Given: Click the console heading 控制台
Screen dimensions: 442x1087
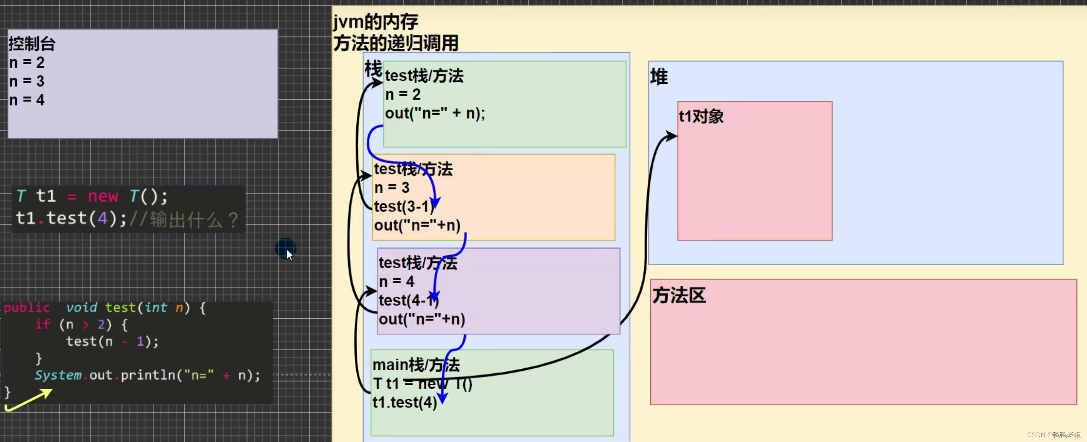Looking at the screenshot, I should (32, 43).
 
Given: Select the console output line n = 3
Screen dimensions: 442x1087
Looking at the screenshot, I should (27, 81).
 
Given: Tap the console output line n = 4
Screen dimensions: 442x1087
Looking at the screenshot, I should (27, 100).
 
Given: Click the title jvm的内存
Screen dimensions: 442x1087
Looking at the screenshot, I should (376, 22).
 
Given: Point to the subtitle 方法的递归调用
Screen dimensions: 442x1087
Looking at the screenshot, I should (396, 43).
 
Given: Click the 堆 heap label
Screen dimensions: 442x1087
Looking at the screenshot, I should (659, 77).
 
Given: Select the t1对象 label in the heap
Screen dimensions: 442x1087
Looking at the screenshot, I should (701, 117).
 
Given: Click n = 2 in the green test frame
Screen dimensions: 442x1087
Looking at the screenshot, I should (403, 95).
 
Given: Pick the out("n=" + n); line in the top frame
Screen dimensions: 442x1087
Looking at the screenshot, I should (435, 113).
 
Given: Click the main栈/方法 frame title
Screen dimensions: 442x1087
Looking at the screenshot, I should (416, 365).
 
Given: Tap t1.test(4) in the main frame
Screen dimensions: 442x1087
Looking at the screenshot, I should (404, 402).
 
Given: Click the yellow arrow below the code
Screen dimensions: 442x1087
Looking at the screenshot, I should (29, 400).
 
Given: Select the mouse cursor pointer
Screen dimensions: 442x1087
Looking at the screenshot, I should (289, 254).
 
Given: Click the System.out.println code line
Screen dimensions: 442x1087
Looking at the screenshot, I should (147, 375).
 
